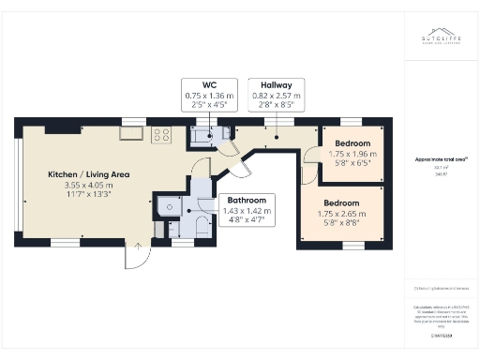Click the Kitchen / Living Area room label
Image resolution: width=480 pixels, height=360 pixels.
coord(89,174)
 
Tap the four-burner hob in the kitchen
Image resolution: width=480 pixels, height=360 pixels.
coord(160,135)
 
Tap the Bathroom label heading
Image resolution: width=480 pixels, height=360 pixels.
coord(247,201)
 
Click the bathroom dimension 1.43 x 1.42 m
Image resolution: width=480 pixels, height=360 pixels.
coord(247,212)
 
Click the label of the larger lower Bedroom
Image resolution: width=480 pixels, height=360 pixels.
coord(342,202)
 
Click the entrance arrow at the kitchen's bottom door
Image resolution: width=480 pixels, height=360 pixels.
coord(138,247)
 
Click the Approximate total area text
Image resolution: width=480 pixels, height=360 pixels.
coord(435,160)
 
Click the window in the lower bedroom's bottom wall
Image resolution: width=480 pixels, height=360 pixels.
coord(352,246)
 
